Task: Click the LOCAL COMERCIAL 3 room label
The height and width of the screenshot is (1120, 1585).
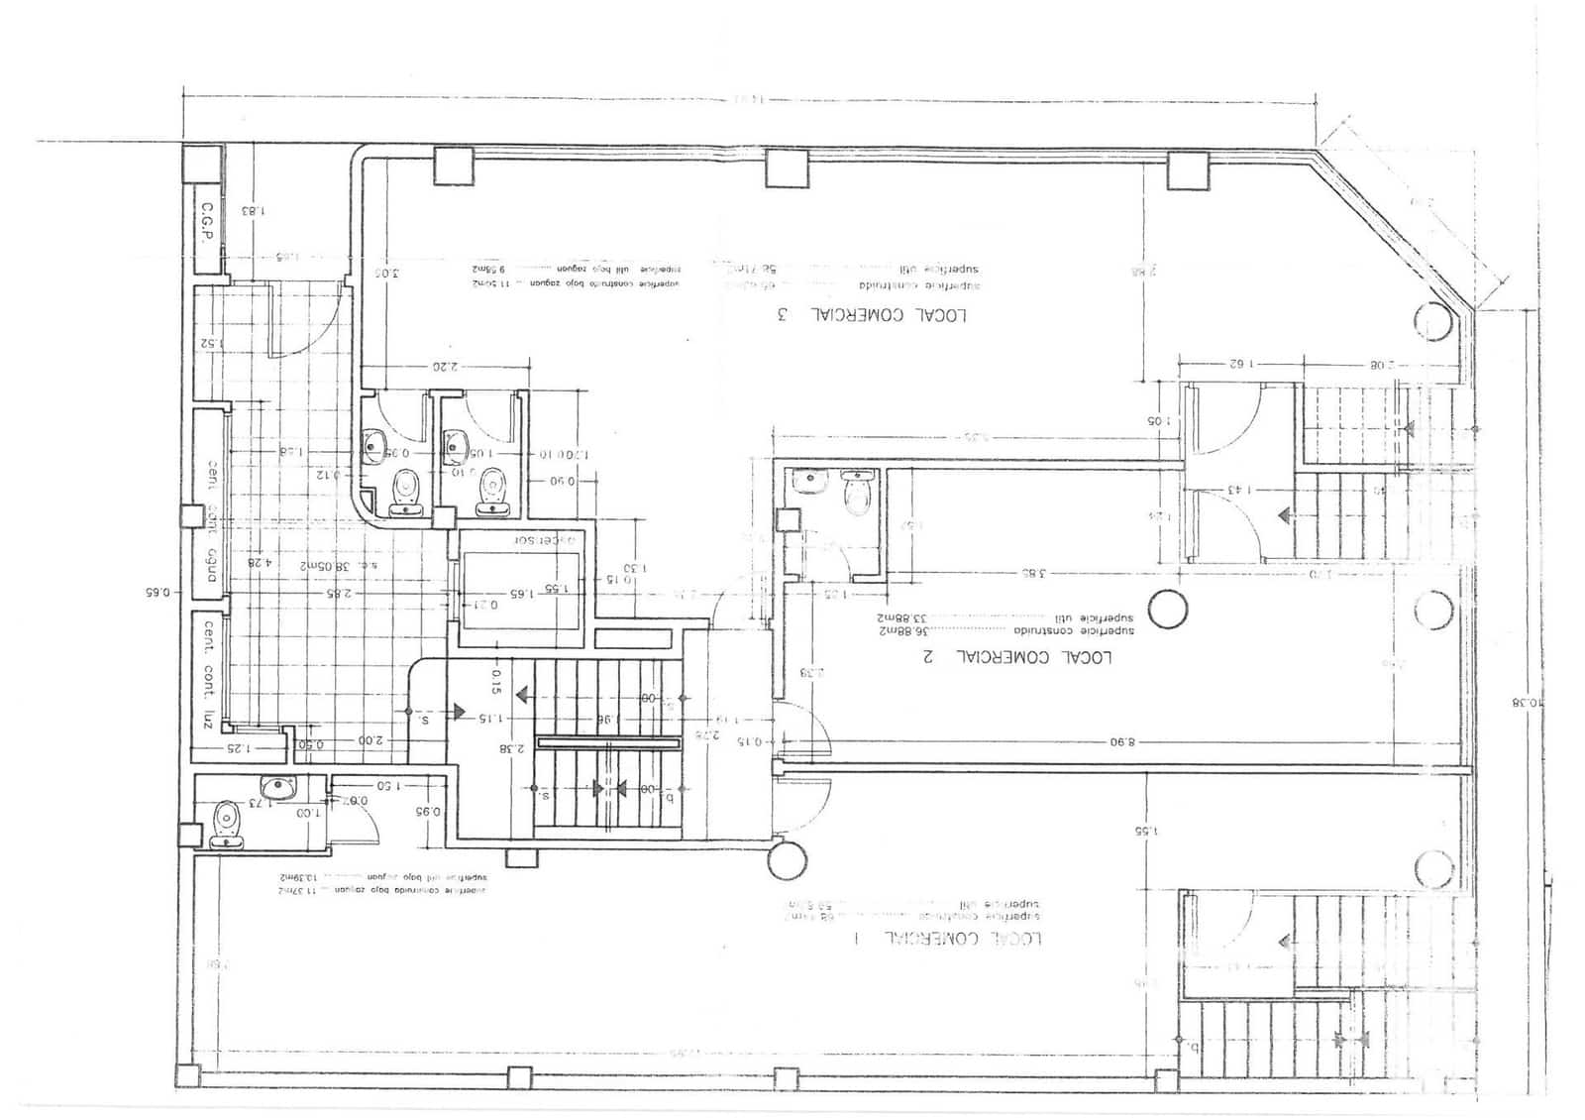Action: click(872, 315)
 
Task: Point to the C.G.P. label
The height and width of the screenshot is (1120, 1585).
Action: click(207, 226)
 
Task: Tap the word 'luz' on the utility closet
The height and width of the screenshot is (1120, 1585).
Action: click(208, 718)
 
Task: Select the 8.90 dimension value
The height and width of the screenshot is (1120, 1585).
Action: click(1121, 741)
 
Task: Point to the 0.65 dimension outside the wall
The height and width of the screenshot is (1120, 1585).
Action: click(158, 593)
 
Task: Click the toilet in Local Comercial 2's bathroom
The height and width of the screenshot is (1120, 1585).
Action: click(858, 493)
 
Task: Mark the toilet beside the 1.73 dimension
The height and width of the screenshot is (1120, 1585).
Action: click(227, 821)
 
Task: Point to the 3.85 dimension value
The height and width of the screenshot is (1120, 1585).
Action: click(1034, 573)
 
